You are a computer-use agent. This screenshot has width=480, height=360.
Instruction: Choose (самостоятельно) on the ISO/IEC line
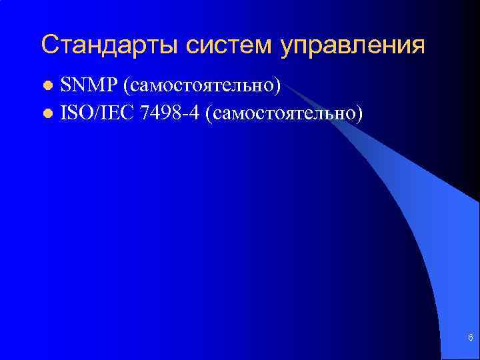click(285, 113)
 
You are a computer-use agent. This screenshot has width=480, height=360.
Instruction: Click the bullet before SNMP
click(47, 87)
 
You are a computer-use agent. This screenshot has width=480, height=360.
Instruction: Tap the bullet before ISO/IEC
click(47, 114)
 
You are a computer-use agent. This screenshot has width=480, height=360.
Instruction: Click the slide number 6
click(471, 339)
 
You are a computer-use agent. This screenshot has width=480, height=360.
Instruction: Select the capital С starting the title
click(49, 45)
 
